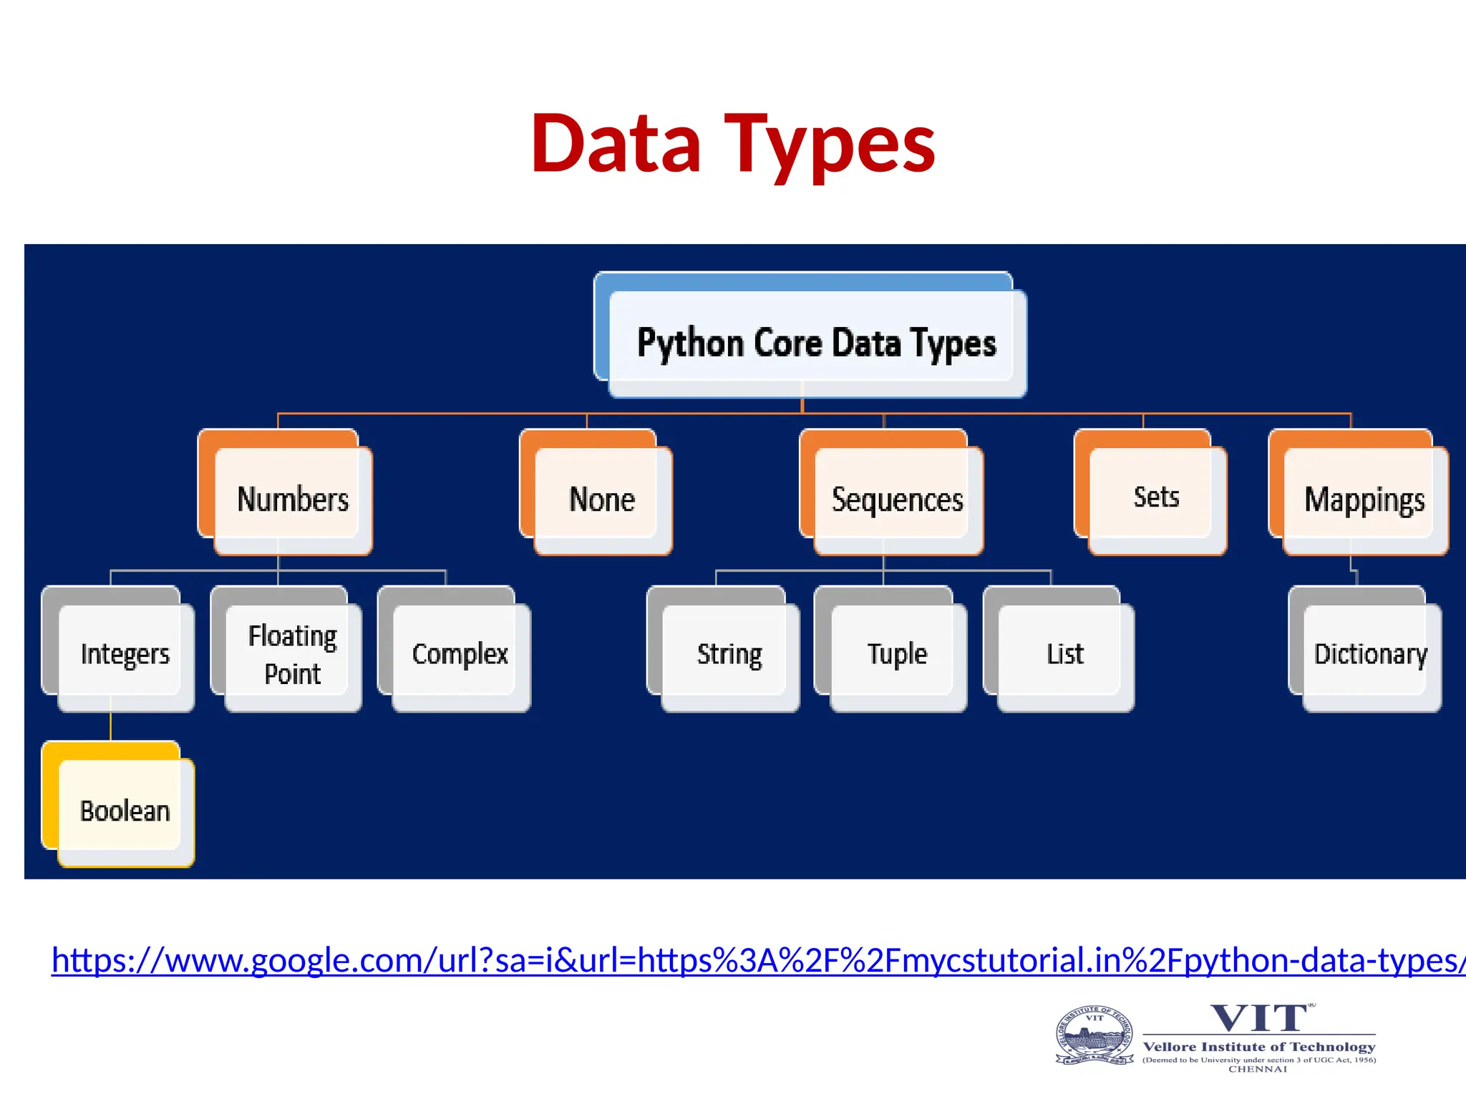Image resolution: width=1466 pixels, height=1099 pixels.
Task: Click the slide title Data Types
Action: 733,145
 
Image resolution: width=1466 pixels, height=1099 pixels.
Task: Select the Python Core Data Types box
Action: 816,343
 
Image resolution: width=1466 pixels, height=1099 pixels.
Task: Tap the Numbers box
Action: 293,499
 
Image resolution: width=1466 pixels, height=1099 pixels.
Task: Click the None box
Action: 602,499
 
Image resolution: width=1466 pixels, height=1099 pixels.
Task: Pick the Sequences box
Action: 897,499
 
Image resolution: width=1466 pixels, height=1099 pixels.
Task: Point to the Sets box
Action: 1156,497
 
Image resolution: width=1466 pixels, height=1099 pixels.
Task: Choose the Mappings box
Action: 1364,499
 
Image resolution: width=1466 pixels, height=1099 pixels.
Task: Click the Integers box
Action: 125,654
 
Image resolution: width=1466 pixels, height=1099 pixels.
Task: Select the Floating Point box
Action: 292,654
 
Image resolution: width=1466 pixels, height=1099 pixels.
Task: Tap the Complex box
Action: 460,654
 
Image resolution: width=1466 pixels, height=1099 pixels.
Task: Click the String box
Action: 729,654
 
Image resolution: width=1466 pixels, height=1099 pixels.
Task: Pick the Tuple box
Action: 897,654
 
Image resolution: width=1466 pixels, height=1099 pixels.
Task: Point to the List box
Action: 1065,654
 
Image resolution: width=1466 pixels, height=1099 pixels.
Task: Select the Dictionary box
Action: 1370,654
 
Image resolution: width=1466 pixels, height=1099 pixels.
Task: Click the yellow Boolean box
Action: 125,811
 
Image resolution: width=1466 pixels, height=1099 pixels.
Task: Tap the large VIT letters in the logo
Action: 1259,1018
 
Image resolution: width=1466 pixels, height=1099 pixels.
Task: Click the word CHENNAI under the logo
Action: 1258,1069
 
